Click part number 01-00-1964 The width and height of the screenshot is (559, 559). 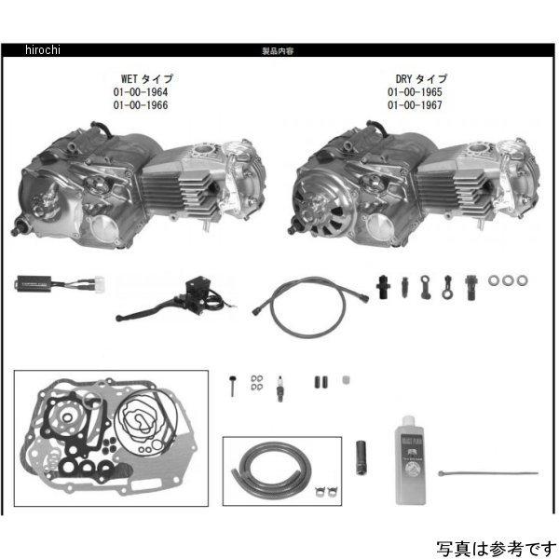pos(140,93)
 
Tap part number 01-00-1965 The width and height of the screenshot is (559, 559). pos(416,93)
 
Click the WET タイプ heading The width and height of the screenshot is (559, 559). pos(140,80)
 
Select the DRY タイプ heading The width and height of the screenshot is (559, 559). pos(416,80)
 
